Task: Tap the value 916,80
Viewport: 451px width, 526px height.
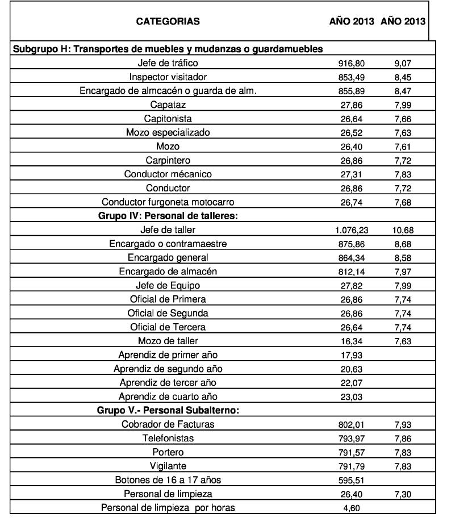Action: click(x=351, y=63)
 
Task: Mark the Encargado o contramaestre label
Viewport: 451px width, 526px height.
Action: click(x=168, y=244)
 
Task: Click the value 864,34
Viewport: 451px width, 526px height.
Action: click(x=351, y=258)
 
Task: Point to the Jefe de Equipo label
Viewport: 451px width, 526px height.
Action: click(x=168, y=285)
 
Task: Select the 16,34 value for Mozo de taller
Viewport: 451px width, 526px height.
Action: click(x=351, y=341)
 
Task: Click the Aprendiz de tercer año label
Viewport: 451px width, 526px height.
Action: click(x=168, y=383)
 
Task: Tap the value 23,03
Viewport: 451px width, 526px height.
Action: click(x=351, y=397)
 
